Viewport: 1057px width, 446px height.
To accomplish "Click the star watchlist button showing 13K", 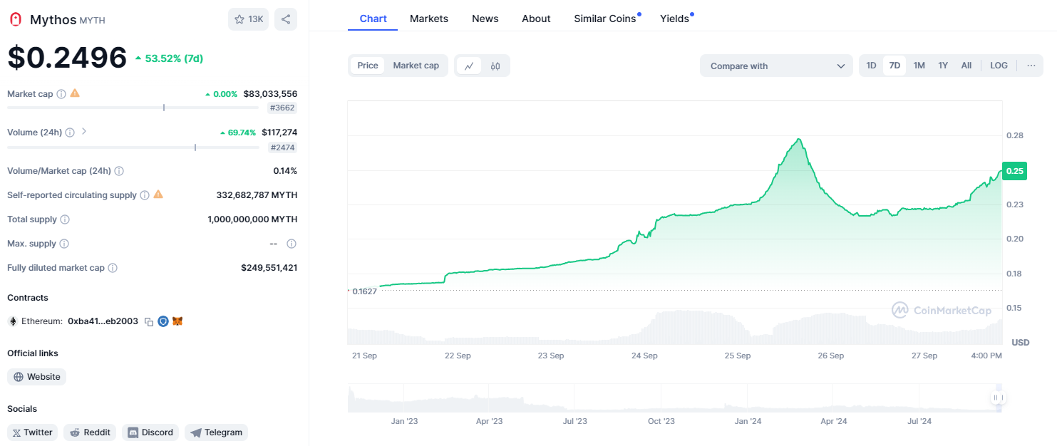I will (x=248, y=19).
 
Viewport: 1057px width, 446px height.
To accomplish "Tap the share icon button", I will (x=286, y=19).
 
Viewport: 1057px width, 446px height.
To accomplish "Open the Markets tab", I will (x=429, y=19).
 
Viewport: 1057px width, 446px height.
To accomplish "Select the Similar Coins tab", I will (x=605, y=19).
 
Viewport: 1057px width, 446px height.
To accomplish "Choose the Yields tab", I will (x=674, y=19).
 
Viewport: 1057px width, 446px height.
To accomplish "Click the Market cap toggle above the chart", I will (x=416, y=66).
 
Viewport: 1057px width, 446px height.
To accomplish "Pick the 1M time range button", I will (x=919, y=66).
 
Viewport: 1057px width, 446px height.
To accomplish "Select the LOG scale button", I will (x=999, y=66).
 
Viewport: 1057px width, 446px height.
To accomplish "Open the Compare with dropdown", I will (x=776, y=66).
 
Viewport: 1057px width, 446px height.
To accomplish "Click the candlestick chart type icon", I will (x=495, y=66).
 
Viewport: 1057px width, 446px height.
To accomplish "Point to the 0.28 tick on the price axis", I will (x=1014, y=135).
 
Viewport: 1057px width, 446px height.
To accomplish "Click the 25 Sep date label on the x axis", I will (x=738, y=356).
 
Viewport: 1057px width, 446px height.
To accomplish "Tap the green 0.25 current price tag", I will (x=1014, y=171).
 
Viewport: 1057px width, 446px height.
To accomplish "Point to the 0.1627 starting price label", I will (x=363, y=291).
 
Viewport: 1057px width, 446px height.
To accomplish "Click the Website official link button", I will (x=37, y=377).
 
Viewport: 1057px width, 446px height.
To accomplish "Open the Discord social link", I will (x=150, y=432).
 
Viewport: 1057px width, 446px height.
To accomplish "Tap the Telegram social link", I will (x=216, y=432).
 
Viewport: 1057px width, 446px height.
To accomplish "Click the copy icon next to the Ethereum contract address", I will (x=149, y=322).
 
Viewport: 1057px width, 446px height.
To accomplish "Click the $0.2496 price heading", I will (x=67, y=58).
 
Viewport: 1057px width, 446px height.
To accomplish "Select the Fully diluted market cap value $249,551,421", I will (x=269, y=268).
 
